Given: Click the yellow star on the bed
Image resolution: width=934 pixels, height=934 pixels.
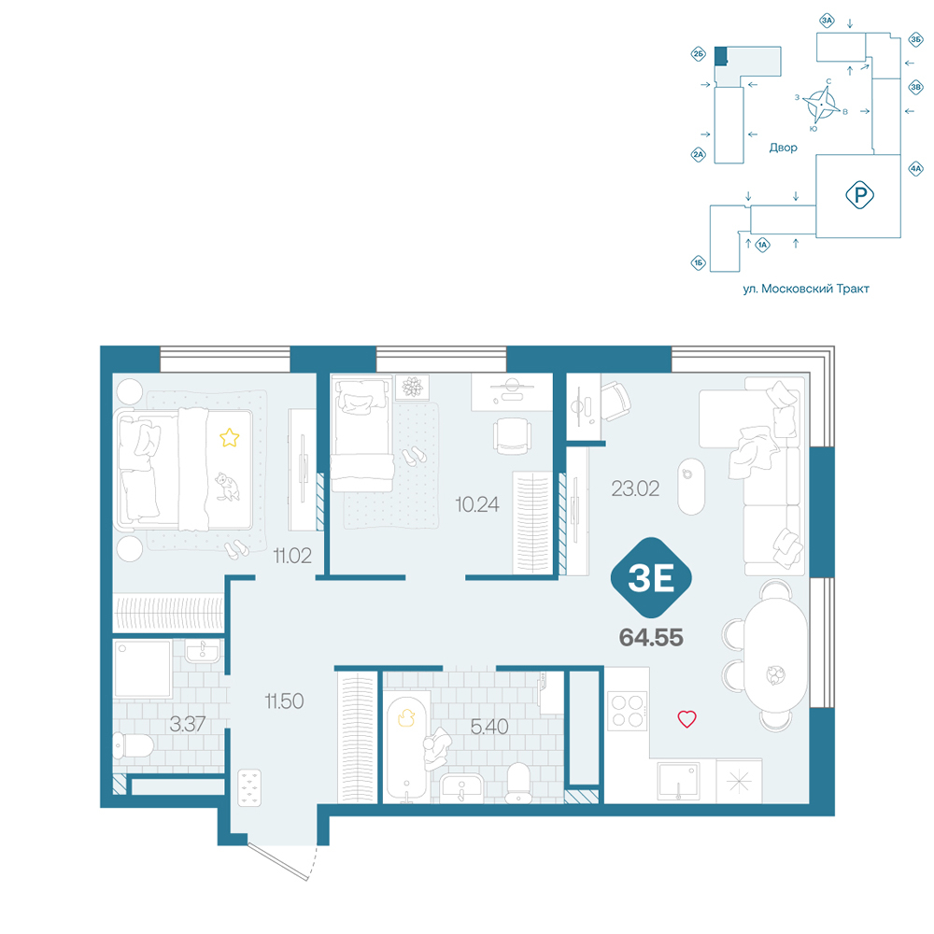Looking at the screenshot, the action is [x=230, y=438].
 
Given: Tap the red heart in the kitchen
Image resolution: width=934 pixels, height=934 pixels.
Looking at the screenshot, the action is [x=686, y=719].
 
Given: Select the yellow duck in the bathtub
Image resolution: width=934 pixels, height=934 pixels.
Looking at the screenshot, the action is [x=406, y=717].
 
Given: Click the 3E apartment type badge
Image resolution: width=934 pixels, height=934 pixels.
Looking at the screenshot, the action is [x=651, y=577].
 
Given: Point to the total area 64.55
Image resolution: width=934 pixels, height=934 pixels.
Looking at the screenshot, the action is [x=651, y=638].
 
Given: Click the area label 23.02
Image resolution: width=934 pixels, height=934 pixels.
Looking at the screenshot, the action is [x=635, y=489].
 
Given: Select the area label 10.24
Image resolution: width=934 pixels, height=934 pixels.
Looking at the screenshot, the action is [x=477, y=504].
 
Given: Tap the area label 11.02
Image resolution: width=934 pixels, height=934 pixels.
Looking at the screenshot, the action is [x=291, y=556].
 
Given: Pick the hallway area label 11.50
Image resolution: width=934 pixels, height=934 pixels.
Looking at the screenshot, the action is [x=284, y=701].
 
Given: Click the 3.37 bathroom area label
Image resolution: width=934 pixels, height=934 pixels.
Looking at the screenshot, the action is [x=187, y=725].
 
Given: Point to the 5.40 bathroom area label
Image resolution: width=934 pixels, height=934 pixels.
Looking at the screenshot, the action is [x=489, y=727].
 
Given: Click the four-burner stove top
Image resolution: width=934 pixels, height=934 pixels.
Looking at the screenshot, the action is [x=628, y=711].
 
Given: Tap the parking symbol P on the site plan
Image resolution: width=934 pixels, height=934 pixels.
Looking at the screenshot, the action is [x=859, y=195].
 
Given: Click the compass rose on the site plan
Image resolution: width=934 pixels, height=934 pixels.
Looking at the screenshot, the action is [x=822, y=105].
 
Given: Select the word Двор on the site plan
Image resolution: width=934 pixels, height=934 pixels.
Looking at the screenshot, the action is [x=783, y=148].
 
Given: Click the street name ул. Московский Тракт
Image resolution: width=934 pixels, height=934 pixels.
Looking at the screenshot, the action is [x=806, y=289].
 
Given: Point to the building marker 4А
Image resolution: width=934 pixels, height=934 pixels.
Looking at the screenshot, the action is [x=915, y=168].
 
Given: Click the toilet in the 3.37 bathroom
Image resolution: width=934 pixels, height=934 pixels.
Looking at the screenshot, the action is [x=134, y=745].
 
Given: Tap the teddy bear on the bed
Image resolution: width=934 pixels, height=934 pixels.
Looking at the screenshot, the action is [x=227, y=487].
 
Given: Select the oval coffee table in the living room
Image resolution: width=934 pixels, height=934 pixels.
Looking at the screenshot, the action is [x=691, y=487].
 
